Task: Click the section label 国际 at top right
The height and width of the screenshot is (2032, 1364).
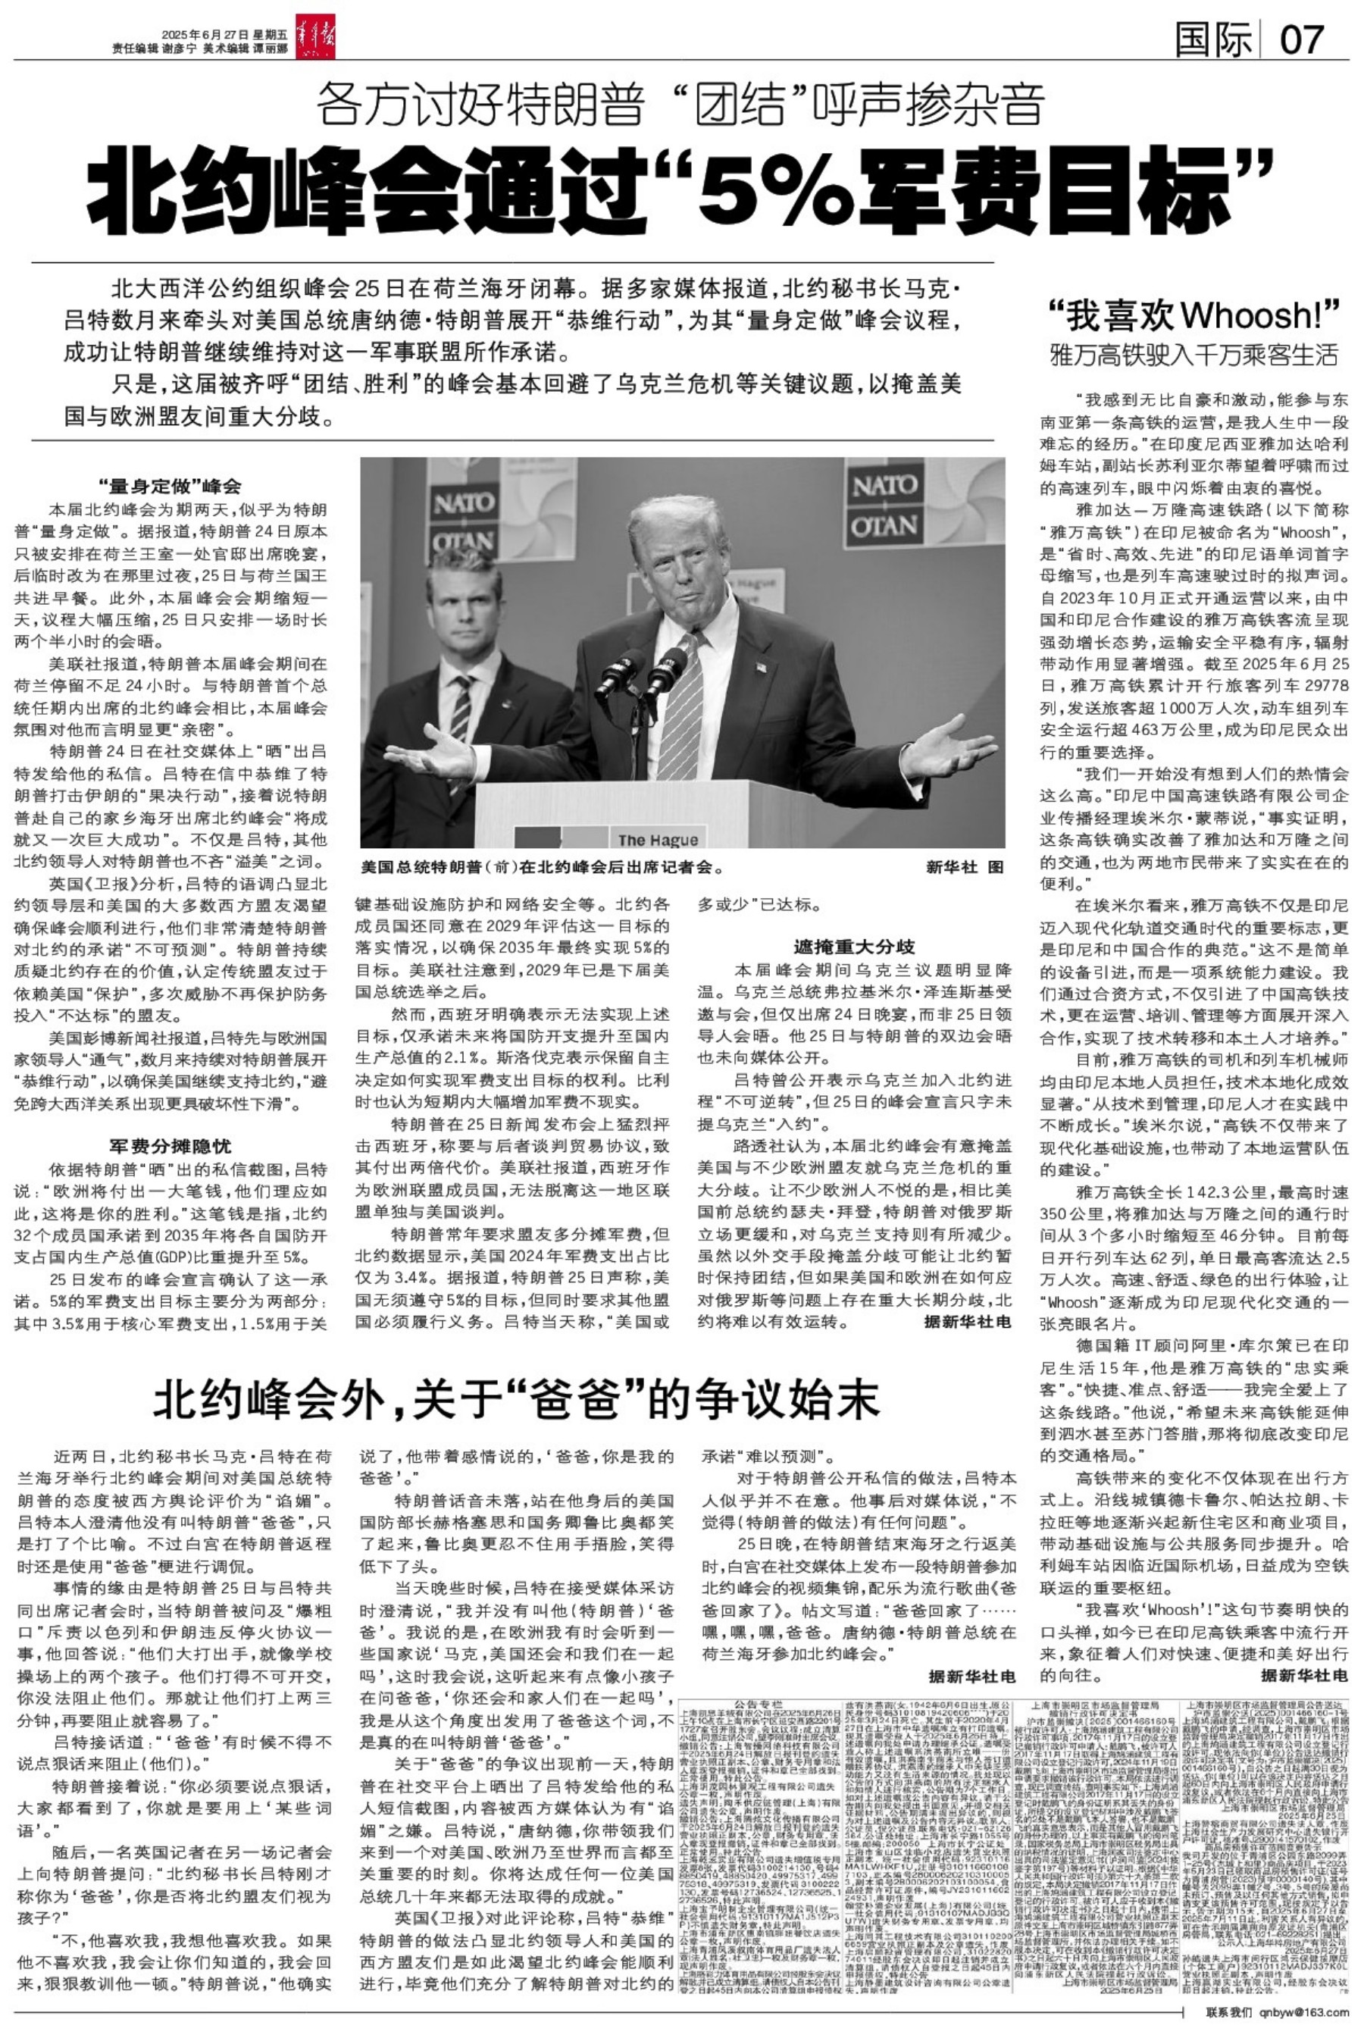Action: (1213, 39)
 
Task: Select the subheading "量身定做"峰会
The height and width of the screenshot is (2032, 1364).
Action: (170, 487)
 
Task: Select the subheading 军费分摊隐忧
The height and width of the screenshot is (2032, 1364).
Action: (170, 1146)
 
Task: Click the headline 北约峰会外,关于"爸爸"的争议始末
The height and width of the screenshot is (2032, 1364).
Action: (517, 1400)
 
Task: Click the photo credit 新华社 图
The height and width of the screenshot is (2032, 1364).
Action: (964, 867)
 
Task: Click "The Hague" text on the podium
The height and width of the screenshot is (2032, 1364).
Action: (658, 840)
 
